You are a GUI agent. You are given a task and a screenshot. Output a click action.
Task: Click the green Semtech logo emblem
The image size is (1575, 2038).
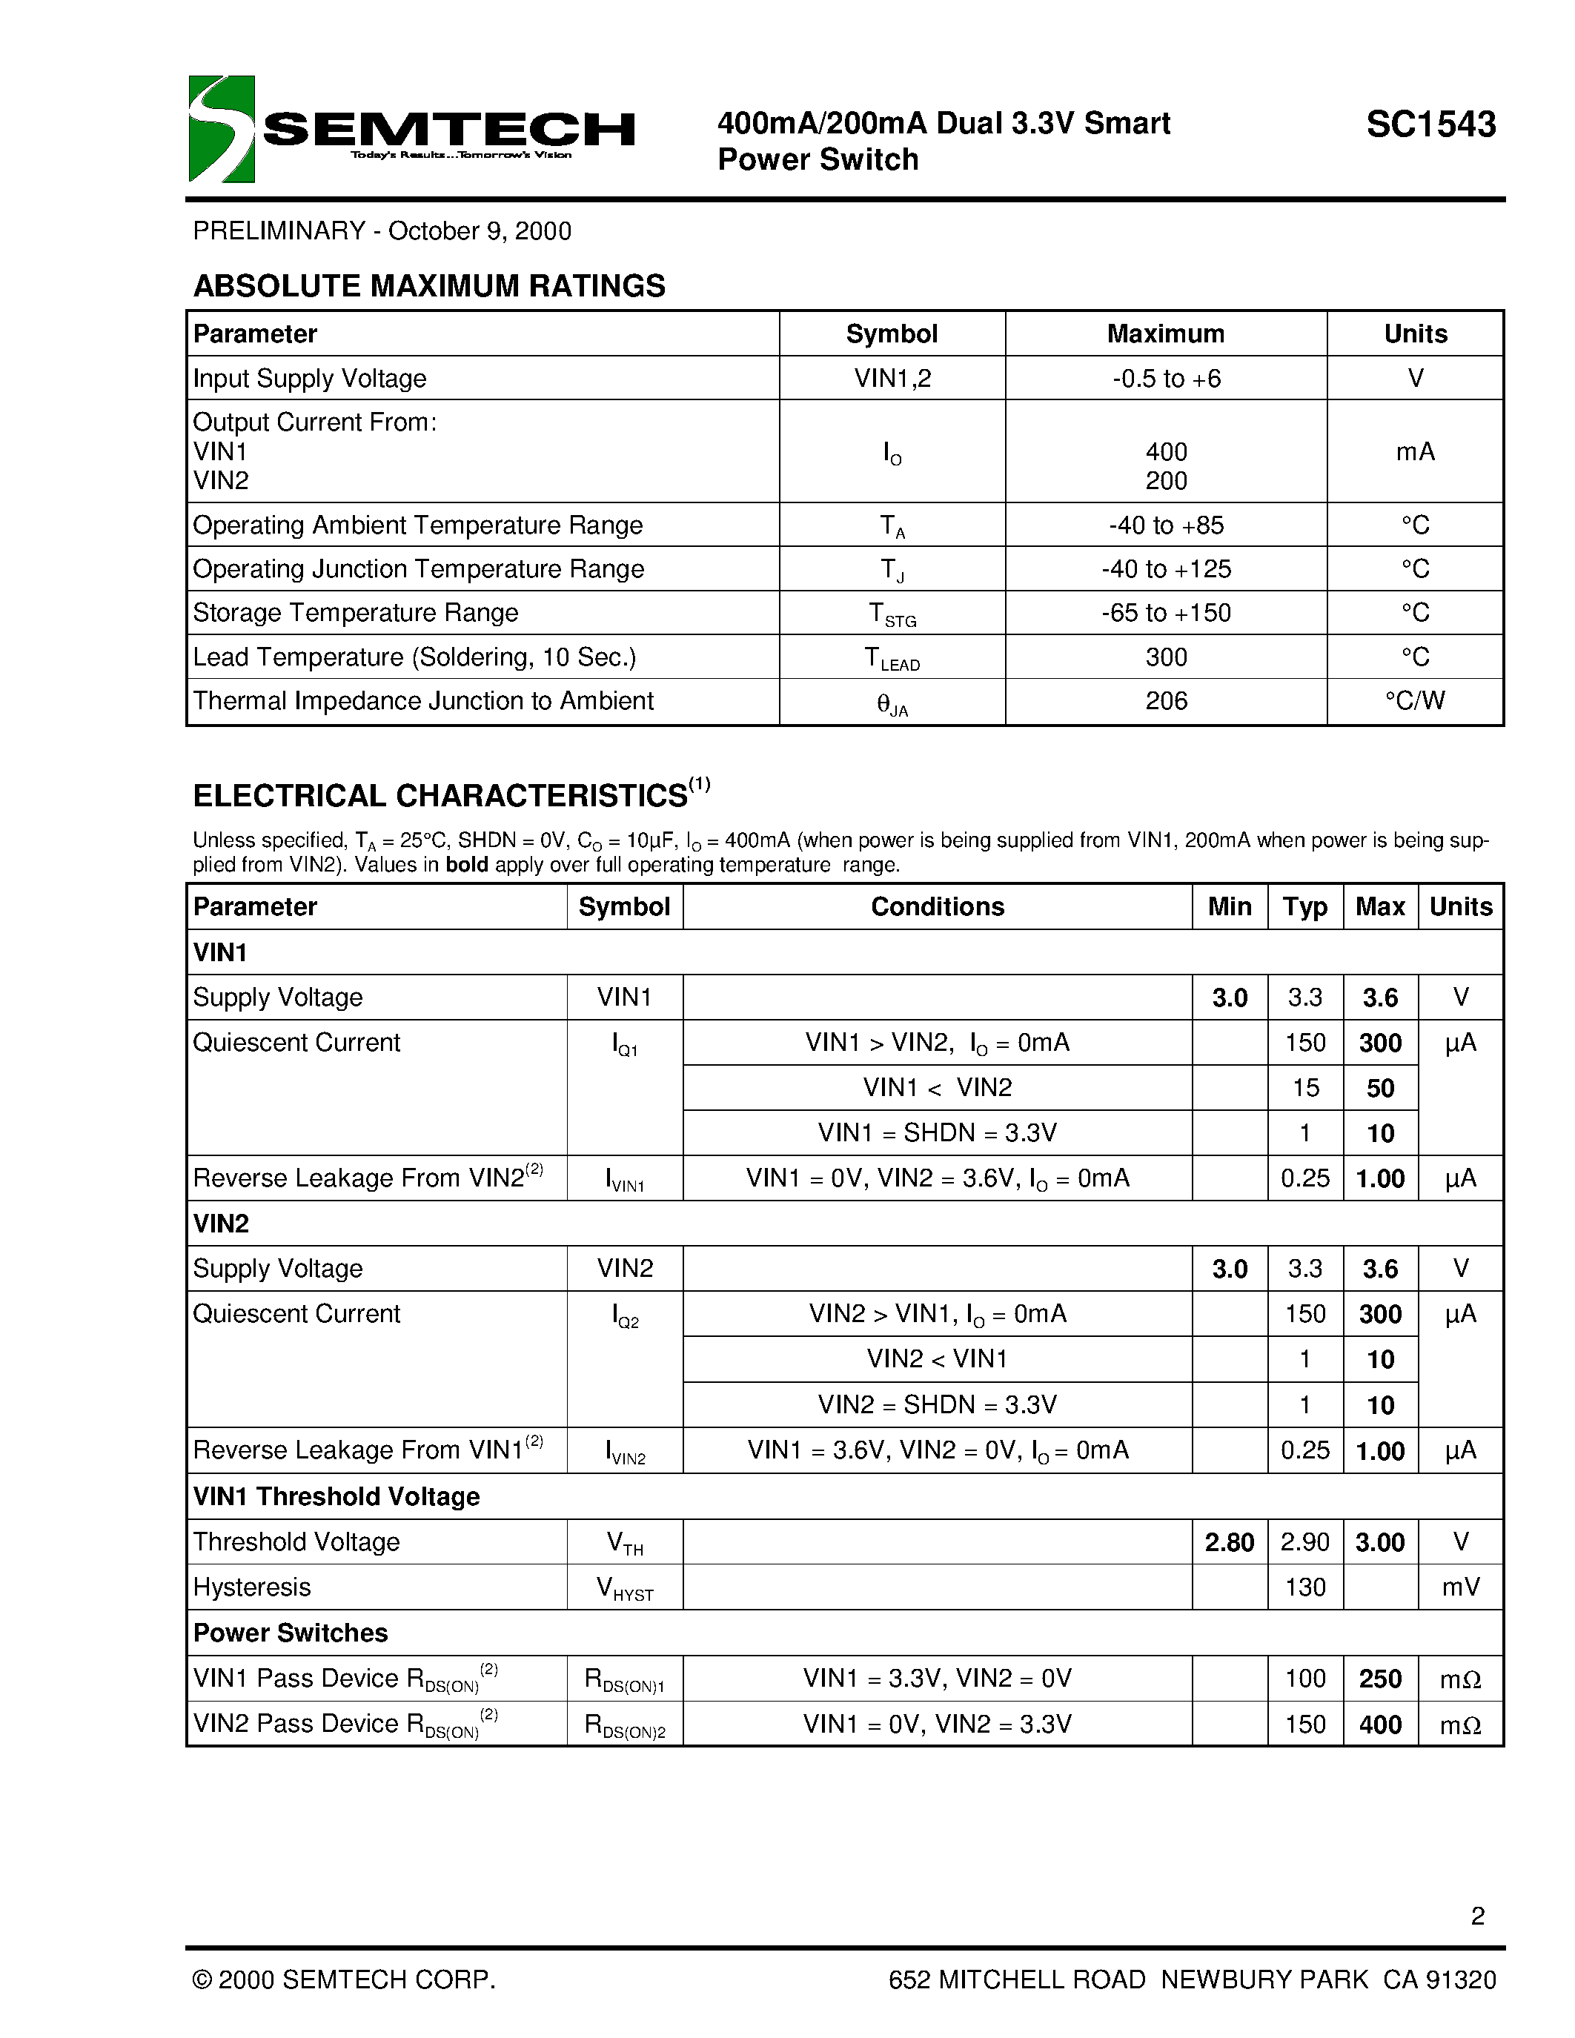221,129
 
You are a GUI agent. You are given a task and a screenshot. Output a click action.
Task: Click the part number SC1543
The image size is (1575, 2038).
1430,124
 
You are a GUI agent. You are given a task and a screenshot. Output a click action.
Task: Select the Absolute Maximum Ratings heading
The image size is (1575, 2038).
429,285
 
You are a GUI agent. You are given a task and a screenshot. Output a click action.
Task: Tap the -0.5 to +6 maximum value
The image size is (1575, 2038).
1167,378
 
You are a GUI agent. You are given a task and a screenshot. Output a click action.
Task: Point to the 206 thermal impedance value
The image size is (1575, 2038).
1167,701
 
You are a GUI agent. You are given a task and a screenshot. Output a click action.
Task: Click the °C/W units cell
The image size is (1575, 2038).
1414,701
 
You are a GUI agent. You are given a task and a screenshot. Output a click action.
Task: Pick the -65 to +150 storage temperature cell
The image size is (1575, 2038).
1167,613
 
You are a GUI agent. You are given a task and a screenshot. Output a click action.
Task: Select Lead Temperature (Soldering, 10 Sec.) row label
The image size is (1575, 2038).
414,657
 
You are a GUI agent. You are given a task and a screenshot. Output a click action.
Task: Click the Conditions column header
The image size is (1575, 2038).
937,907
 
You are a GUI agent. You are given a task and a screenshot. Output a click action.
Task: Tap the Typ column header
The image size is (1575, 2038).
1304,907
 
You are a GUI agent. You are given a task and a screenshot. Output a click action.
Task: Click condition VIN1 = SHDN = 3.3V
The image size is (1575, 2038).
937,1133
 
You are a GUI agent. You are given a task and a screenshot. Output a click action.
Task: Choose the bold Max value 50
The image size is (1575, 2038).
1380,1088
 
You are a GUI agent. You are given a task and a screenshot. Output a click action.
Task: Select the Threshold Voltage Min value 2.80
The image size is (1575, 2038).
1229,1542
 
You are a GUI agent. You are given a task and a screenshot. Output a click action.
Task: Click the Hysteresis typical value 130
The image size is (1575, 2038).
1304,1587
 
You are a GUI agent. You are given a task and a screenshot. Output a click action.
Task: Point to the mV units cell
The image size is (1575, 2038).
1460,1587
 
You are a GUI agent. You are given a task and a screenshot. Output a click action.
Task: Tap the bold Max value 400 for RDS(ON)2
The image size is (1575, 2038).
1380,1725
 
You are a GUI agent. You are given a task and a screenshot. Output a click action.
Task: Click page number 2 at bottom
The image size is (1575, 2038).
1477,1916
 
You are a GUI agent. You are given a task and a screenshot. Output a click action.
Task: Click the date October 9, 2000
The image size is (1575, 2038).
480,231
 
